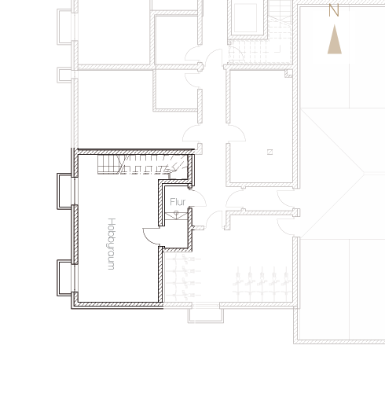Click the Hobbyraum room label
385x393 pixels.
tap(112, 244)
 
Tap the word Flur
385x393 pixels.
tap(178, 202)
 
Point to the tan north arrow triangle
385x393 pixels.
tap(335, 39)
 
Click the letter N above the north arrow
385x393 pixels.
tap(334, 11)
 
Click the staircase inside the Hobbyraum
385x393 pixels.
tap(143, 164)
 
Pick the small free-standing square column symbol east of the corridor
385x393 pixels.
tap(269, 152)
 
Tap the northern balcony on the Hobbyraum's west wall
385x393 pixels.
tap(64, 191)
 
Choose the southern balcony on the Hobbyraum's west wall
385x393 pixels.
tap(64, 278)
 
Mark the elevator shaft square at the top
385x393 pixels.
tap(245, 18)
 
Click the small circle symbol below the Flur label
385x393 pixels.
tap(176, 213)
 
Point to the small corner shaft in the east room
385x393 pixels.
tap(288, 73)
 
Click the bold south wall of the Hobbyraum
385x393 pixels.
tap(117, 305)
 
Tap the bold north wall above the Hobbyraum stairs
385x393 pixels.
tap(136, 152)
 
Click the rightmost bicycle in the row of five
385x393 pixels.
tap(286, 283)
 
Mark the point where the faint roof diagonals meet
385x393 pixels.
tap(364, 173)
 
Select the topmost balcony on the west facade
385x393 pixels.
tap(64, 27)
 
